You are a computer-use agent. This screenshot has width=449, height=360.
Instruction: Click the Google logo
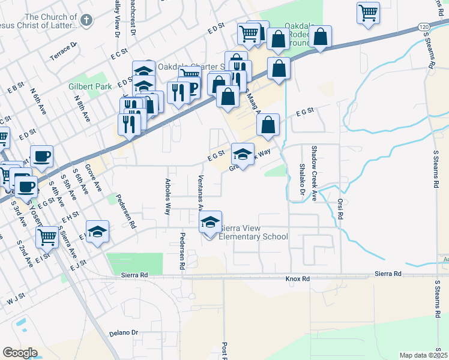coord(20,353)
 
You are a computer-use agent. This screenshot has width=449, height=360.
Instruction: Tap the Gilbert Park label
coord(86,87)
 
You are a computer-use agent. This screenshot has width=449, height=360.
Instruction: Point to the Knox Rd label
coord(297,279)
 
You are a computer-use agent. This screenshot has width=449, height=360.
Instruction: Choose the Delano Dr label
coord(124,332)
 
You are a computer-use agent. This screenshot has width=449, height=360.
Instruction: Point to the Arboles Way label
coord(168,196)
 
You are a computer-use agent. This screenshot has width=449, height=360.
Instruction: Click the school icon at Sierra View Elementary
coord(210,223)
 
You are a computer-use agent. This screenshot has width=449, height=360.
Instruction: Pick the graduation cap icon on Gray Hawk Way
coord(243,155)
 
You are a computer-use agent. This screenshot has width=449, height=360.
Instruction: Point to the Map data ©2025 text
coord(424,355)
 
